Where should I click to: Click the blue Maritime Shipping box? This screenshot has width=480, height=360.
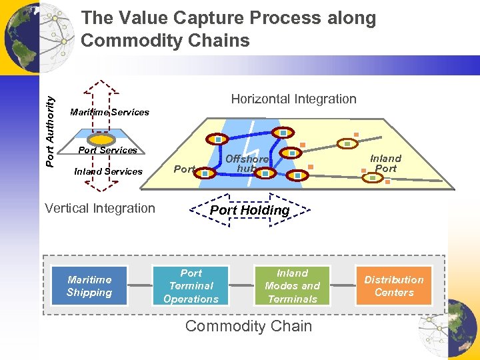pyautogui.click(x=89, y=286)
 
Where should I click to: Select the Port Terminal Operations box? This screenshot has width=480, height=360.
pyautogui.click(x=191, y=286)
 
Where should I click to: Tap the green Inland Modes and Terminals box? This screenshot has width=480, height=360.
pyautogui.click(x=292, y=286)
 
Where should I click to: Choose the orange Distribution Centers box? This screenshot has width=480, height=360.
pyautogui.click(x=393, y=286)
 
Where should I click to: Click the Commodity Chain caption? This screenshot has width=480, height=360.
pyautogui.click(x=248, y=326)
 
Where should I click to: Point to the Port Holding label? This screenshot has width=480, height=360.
pyautogui.click(x=250, y=211)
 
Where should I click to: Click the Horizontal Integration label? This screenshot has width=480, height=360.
pyautogui.click(x=293, y=99)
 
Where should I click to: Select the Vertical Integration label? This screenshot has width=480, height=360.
pyautogui.click(x=100, y=208)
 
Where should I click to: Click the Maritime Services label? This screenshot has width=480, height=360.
pyautogui.click(x=109, y=112)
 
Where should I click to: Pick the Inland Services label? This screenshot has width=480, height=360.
pyautogui.click(x=108, y=171)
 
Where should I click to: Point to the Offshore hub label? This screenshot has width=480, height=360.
pyautogui.click(x=247, y=164)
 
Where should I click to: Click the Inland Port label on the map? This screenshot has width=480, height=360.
pyautogui.click(x=385, y=163)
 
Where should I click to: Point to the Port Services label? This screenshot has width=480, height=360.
pyautogui.click(x=108, y=150)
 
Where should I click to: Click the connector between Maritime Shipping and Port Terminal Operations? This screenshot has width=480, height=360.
pyautogui.click(x=139, y=286)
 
